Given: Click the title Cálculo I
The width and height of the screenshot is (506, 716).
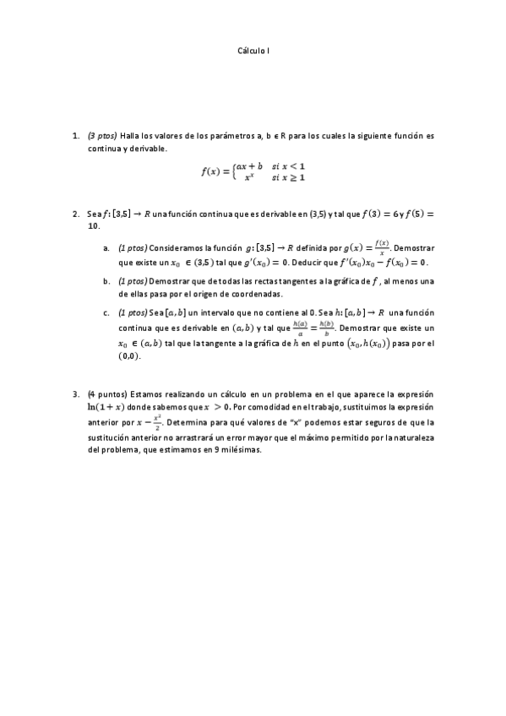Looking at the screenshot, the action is coord(253,51).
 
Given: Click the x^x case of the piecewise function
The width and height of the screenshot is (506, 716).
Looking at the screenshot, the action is coord(249,177).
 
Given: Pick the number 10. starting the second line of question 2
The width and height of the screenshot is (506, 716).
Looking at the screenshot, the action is coord(94,226).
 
